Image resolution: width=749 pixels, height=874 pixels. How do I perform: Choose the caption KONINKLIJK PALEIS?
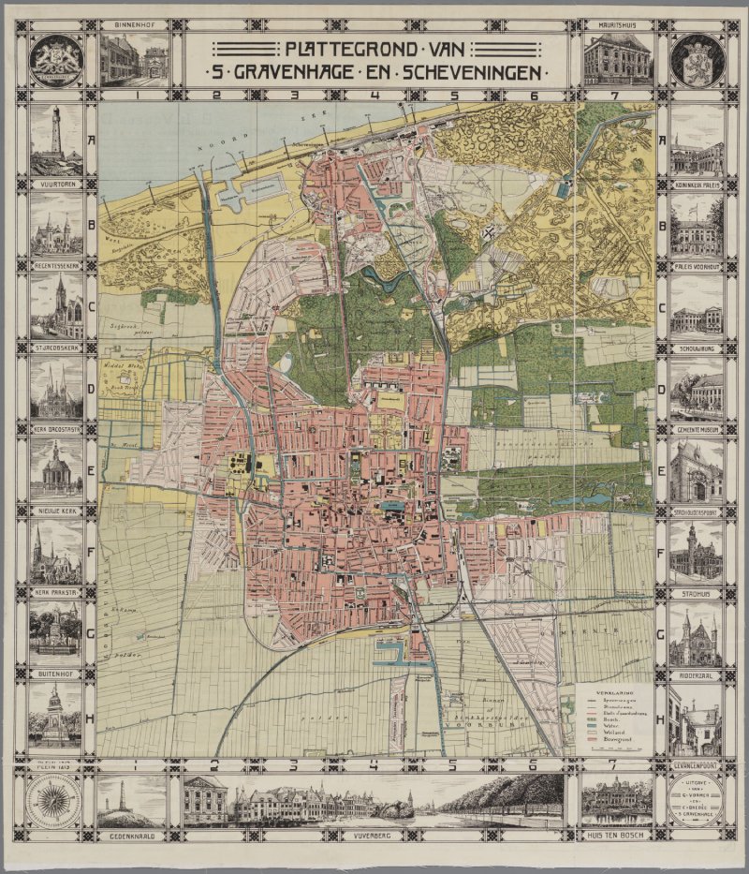pyautogui.click(x=696, y=185)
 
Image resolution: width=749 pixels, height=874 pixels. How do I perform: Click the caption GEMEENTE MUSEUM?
pyautogui.click(x=696, y=427)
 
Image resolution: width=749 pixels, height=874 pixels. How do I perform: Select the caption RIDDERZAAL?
pyautogui.click(x=696, y=674)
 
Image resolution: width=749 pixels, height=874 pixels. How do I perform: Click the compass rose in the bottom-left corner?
pyautogui.click(x=57, y=801)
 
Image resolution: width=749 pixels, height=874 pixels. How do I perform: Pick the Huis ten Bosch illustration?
pyautogui.click(x=616, y=802)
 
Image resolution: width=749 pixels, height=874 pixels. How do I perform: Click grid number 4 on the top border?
pyautogui.click(x=374, y=95)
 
